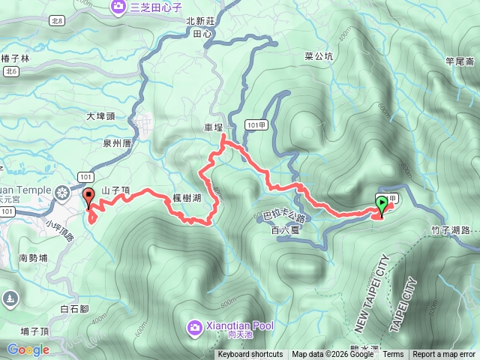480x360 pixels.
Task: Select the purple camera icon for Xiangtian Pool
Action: tap(194, 326)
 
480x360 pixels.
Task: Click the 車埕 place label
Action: tap(214, 128)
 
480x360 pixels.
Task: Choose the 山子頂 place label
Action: tap(115, 191)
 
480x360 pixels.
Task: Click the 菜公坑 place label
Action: tap(318, 56)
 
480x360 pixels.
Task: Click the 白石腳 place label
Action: tap(74, 287)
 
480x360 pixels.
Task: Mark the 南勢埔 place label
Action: tap(33, 257)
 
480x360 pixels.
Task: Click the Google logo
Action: tap(28, 349)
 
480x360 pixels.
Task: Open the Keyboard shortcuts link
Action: tap(250, 355)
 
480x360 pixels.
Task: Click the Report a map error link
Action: tap(444, 355)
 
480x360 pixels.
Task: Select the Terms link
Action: tap(393, 355)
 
